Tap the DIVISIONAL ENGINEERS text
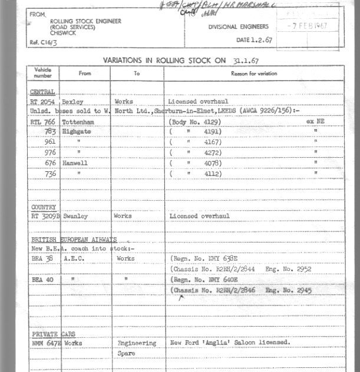click(238, 26)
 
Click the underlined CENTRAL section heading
click(43, 92)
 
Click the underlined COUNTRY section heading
click(44, 207)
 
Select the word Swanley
click(75, 217)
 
